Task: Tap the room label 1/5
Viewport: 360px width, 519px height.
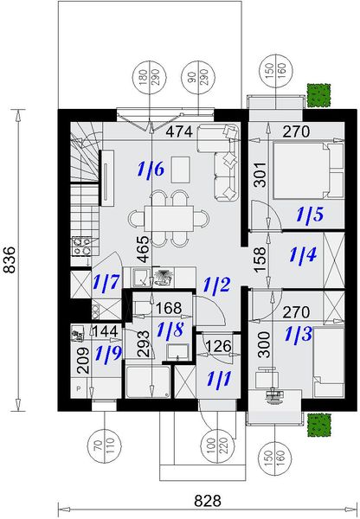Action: coord(309,214)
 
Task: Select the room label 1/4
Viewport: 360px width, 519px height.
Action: coord(303,256)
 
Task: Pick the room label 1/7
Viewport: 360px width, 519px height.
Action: coord(106,282)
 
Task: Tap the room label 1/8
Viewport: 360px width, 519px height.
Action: coord(170,329)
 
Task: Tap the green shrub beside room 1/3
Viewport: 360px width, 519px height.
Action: coord(321,424)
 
